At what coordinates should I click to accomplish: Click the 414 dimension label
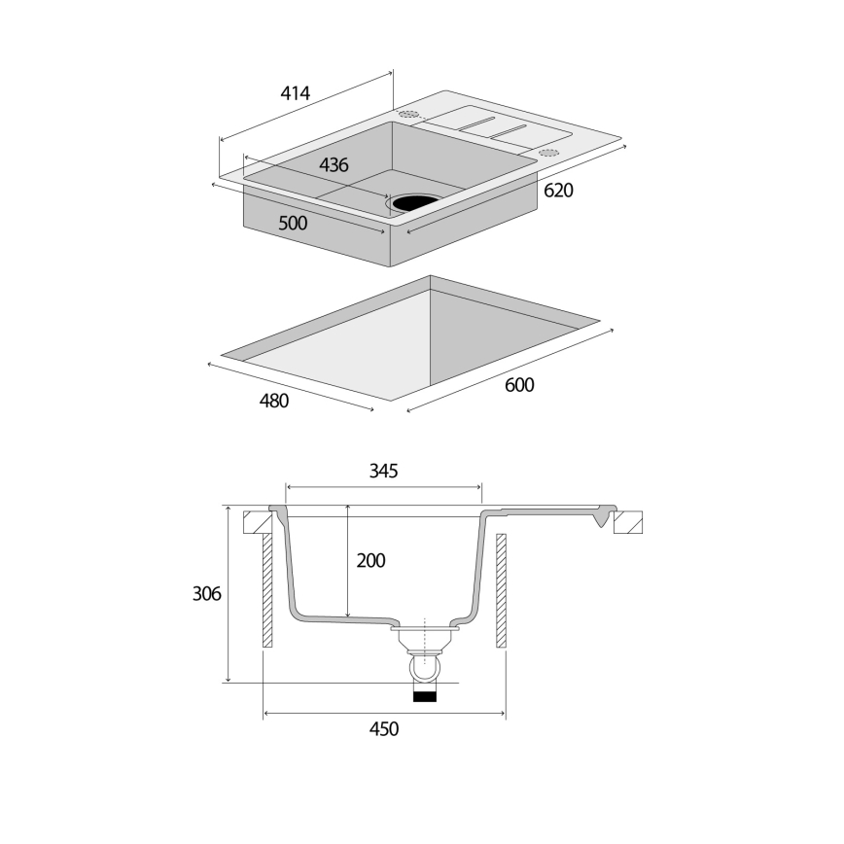(295, 93)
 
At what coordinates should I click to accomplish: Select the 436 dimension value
(334, 165)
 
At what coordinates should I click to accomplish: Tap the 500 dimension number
(293, 223)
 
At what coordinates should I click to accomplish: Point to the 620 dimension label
(558, 192)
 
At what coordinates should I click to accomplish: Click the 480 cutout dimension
(274, 400)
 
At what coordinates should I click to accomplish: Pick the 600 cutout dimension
(519, 385)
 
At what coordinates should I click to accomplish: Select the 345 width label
(383, 472)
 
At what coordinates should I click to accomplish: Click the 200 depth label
(370, 561)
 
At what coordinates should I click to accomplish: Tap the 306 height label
(207, 593)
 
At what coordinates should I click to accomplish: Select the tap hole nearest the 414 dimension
(409, 114)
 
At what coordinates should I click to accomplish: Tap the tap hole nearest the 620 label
(548, 153)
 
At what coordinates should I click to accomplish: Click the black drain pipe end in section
(426, 695)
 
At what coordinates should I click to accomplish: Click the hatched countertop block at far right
(627, 522)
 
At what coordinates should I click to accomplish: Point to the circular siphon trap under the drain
(426, 670)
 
